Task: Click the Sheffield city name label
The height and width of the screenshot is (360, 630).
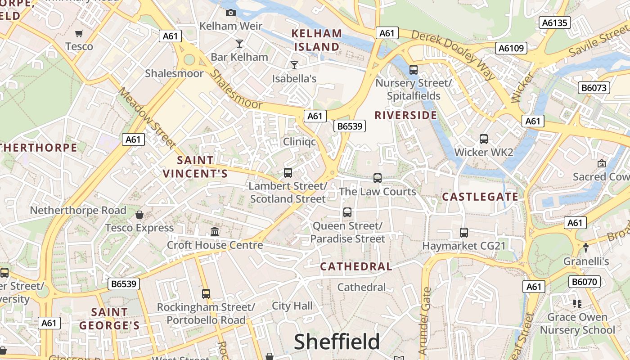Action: (337, 342)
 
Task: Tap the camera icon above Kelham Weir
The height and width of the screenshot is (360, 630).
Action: (231, 13)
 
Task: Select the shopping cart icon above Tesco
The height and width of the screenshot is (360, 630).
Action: (79, 33)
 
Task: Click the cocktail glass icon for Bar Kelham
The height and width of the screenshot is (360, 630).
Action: (239, 44)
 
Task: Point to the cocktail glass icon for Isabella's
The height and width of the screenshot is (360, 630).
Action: (294, 65)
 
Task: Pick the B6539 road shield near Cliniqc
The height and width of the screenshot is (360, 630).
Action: (350, 126)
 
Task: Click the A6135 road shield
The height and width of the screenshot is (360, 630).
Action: (555, 22)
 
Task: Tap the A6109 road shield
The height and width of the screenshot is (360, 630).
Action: (511, 48)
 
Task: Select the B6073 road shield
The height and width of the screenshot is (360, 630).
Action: (594, 87)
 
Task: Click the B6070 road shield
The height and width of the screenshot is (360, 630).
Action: (585, 282)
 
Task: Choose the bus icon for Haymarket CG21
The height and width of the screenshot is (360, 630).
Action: (464, 233)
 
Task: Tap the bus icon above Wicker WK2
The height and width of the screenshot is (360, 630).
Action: (484, 139)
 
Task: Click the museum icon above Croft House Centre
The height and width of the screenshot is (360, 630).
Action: (215, 232)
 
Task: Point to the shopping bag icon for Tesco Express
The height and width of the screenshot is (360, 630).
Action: (139, 215)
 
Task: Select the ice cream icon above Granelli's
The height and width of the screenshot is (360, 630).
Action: (586, 247)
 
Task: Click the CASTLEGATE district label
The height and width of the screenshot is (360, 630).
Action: (480, 197)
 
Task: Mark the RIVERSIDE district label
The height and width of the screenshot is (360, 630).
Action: (406, 115)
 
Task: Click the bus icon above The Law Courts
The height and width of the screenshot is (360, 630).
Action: (378, 178)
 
